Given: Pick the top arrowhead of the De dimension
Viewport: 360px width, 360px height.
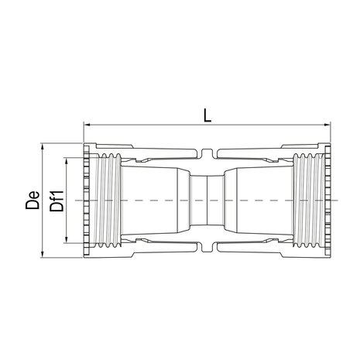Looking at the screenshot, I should (x=40, y=146).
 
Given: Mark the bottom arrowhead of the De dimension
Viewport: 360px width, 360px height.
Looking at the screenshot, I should (x=40, y=252).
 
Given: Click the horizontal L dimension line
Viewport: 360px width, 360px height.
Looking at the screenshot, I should (x=155, y=125).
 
